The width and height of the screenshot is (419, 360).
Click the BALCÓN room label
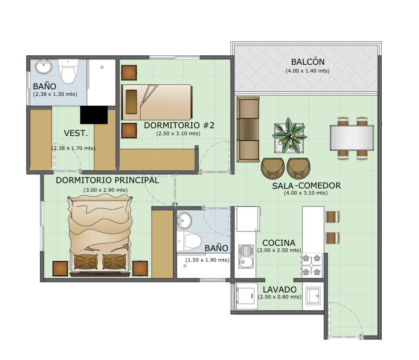tap(307, 62)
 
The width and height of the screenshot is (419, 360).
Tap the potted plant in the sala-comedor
tap(289, 136)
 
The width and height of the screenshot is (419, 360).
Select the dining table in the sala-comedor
tap(352, 138)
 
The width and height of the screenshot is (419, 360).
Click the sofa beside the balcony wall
tap(248, 129)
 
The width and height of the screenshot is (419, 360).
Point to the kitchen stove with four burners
tap(311, 265)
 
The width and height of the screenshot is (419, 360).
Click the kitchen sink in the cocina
tap(246, 256)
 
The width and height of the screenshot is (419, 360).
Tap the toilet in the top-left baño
tap(68, 72)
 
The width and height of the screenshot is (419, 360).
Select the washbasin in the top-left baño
tap(43, 67)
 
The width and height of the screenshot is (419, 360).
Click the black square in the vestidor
tap(94, 115)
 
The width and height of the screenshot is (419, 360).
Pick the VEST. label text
tap(76, 133)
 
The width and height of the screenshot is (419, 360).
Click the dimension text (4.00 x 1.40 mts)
tap(307, 71)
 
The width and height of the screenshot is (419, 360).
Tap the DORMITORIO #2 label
tap(179, 125)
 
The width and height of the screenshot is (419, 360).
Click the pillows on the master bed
tap(100, 262)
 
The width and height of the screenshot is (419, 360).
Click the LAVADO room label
tap(280, 290)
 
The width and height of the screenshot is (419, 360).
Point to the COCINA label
tap(279, 243)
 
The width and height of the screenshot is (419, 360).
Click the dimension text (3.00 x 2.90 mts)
tap(105, 190)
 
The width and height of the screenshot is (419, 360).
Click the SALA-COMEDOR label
tap(306, 186)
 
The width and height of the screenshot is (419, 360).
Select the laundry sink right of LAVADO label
tap(313, 296)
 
